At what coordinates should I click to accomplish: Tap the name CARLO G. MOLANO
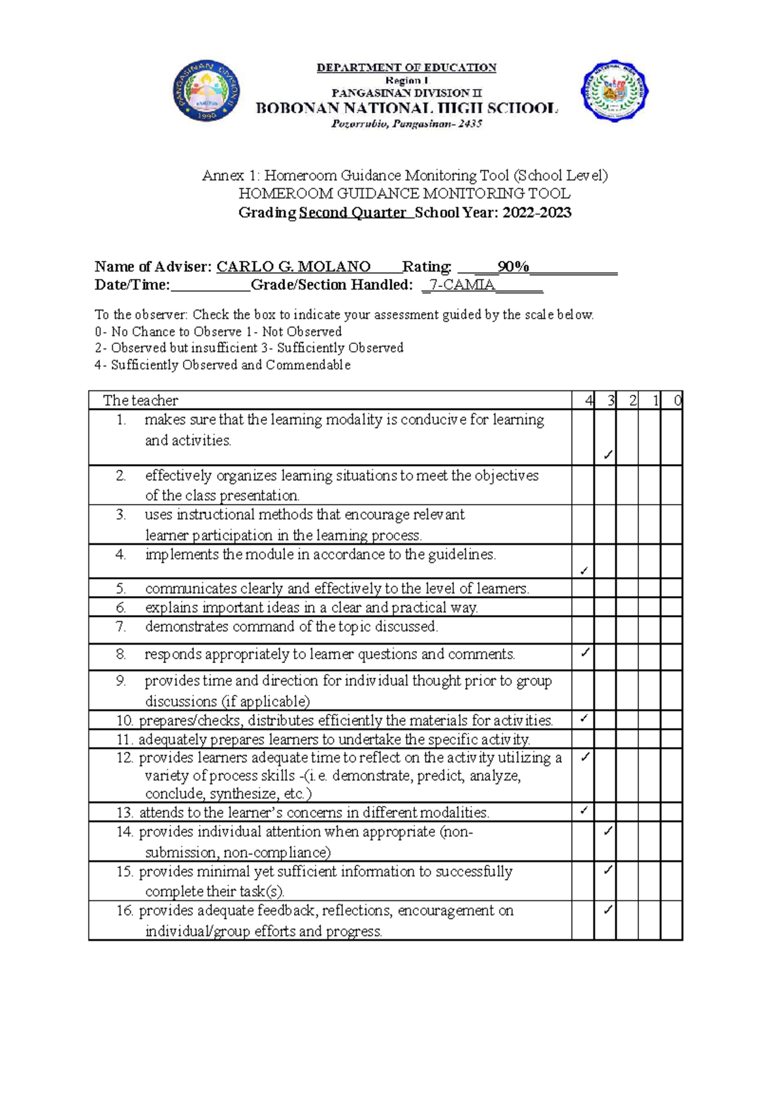tap(293, 267)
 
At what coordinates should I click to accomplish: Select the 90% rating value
tap(513, 267)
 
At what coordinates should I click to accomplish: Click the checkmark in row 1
tap(608, 454)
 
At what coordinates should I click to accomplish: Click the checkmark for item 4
tap(584, 571)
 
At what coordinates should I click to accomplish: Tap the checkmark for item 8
tap(585, 652)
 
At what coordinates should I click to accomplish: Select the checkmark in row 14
tap(608, 831)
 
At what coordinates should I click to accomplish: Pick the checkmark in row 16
tap(608, 909)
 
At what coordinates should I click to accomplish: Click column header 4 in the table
tap(589, 401)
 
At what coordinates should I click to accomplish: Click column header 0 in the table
tap(677, 401)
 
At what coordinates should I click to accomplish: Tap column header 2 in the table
tap(632, 401)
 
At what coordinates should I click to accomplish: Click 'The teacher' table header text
tap(140, 401)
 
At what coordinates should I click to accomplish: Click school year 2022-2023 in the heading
tap(536, 212)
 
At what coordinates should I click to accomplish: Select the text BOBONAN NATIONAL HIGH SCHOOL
tap(406, 109)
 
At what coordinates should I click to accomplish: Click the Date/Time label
tap(132, 285)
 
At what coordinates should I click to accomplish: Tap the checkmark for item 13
tap(584, 811)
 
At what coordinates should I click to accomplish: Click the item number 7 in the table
tap(121, 627)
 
